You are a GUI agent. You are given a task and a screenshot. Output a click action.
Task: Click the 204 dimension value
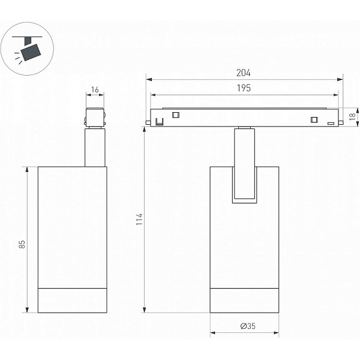pos(244,73)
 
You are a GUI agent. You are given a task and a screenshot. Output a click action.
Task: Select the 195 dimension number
pos(244,88)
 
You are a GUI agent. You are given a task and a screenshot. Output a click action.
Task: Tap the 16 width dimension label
pos(95,89)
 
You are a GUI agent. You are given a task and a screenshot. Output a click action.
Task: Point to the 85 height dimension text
pos(22,244)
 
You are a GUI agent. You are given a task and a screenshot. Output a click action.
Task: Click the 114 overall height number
pos(139,219)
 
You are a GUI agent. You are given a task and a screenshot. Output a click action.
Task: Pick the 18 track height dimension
pos(352,116)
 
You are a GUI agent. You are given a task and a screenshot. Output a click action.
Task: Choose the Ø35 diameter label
pos(248,326)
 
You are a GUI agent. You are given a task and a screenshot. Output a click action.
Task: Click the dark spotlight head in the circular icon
pos(31,53)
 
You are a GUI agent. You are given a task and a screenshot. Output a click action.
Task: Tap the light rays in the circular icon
pos(18,58)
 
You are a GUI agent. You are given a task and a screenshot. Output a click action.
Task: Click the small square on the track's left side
pos(176,115)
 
